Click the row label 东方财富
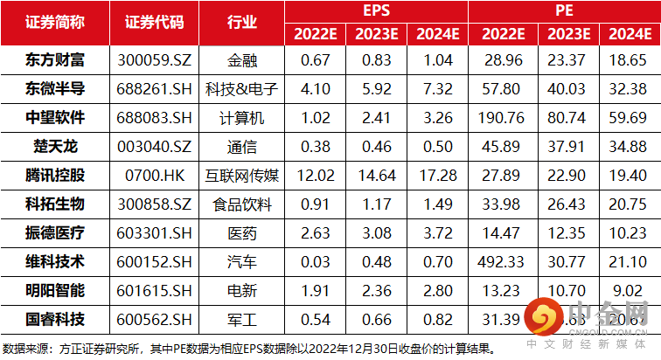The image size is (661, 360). point(55,61)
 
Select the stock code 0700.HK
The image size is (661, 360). point(155,175)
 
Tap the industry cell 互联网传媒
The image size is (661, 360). point(241,175)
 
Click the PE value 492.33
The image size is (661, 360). point(502,260)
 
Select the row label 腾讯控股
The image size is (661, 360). point(55,175)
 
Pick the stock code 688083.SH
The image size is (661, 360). point(155,118)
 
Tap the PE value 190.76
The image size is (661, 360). point(502,118)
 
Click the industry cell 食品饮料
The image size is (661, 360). point(241,204)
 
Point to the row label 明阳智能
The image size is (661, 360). point(55,288)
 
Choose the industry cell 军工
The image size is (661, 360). point(241,317)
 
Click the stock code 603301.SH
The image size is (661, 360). point(155,232)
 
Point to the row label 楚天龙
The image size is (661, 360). point(55,146)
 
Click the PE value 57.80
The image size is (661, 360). point(502,89)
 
